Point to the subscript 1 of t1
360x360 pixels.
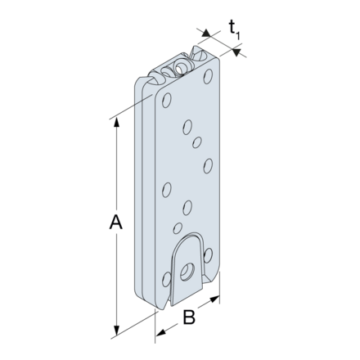240,34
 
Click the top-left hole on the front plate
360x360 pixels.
167,101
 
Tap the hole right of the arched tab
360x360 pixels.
215,259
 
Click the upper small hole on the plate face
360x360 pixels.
196,142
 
